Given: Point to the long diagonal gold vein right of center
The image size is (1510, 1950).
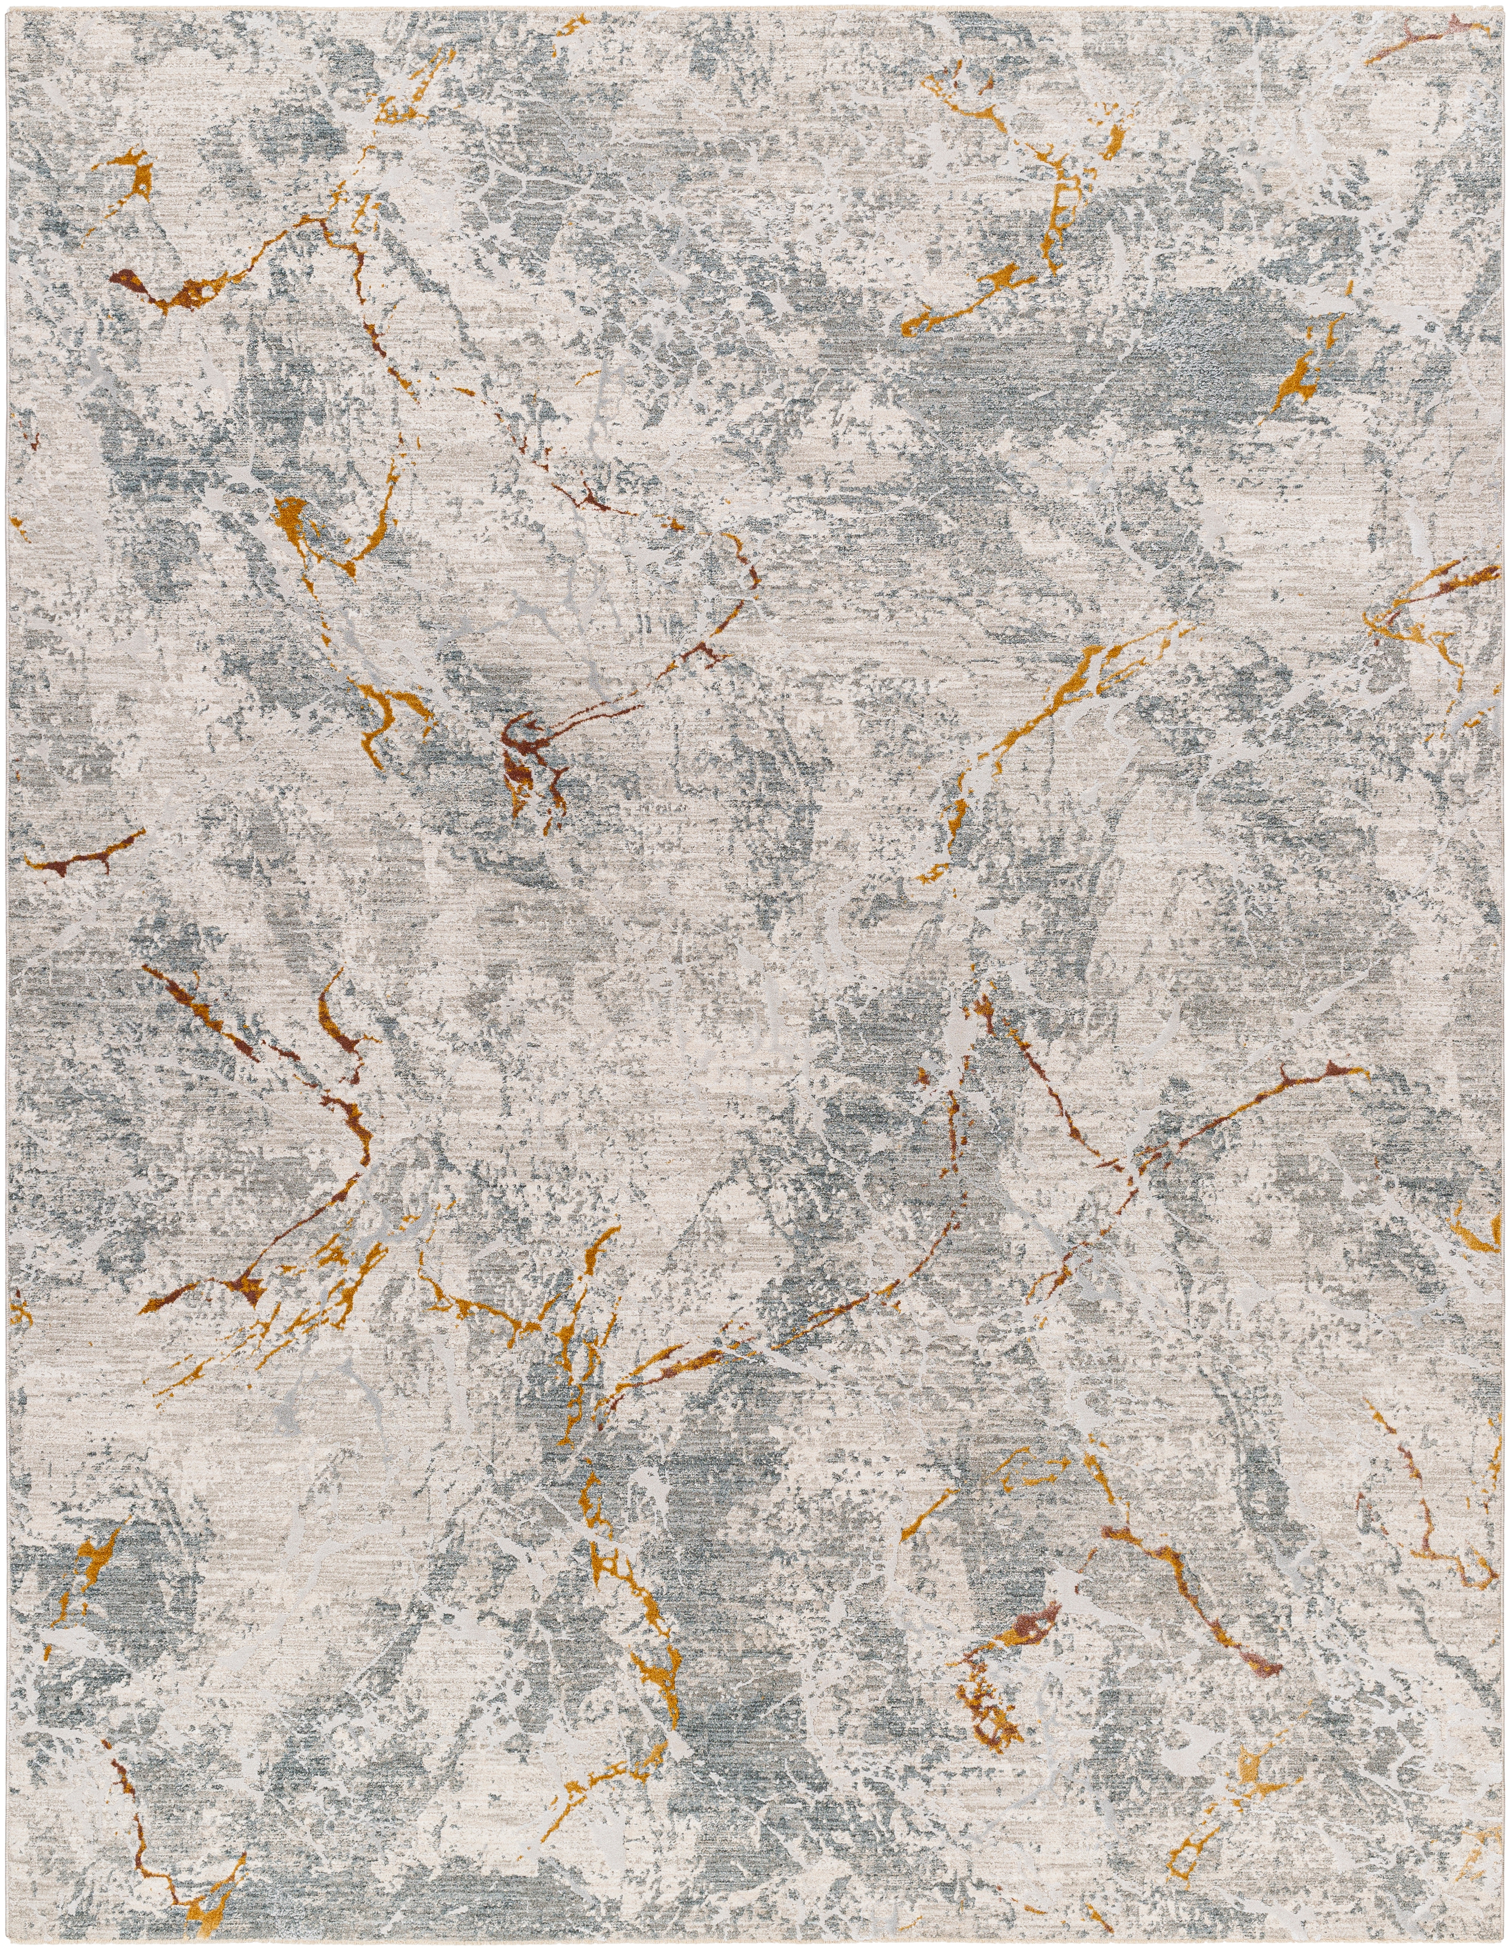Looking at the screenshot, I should point(1053,705).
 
